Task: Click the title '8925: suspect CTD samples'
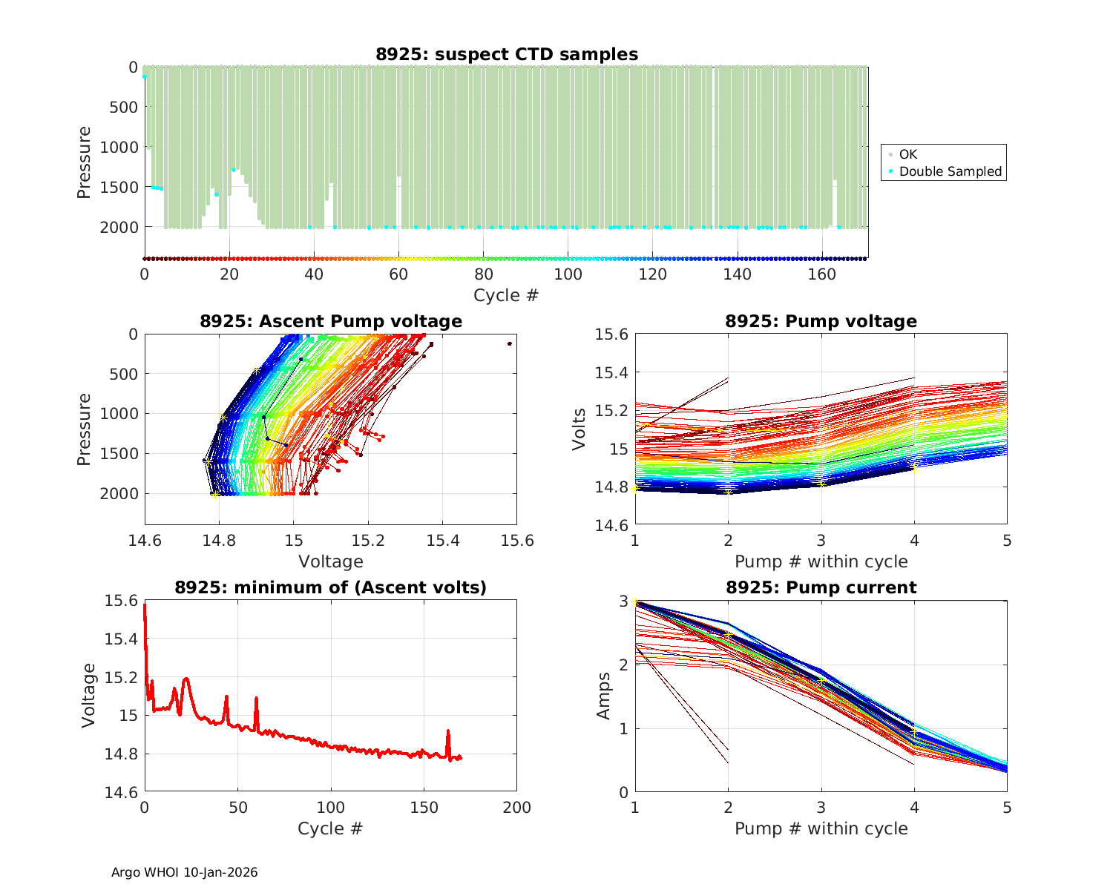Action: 506,54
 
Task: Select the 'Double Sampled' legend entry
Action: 950,171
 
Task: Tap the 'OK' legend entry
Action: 908,154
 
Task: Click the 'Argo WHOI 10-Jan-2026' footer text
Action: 184,872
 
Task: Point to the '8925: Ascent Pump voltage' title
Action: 331,321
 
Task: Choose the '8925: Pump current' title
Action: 821,587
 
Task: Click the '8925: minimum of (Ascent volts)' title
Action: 331,587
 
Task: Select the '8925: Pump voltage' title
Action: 821,321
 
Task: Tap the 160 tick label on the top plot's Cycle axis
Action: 821,274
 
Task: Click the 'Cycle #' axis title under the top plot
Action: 506,295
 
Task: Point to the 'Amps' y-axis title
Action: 604,696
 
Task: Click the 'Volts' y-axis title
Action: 580,429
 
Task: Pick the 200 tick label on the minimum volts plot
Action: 516,808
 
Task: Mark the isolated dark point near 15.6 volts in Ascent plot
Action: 510,343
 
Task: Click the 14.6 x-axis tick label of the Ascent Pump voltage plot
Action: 145,540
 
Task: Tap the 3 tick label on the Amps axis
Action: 623,601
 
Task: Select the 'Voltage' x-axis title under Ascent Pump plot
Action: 331,561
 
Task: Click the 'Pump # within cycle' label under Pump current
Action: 821,828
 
